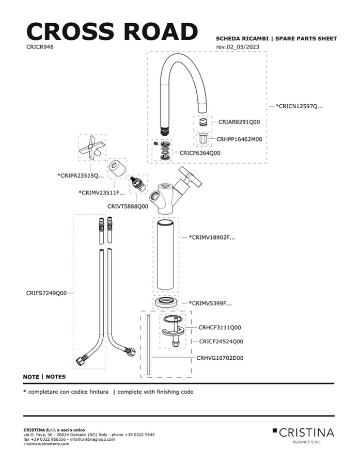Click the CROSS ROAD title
click(x=112, y=32)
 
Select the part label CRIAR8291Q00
click(x=239, y=123)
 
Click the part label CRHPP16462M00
click(x=239, y=139)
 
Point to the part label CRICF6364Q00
click(x=200, y=153)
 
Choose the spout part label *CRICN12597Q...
click(x=299, y=106)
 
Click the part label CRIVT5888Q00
click(x=128, y=206)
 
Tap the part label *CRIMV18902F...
click(x=212, y=238)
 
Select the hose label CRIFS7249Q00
click(x=46, y=293)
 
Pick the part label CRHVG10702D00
click(x=220, y=358)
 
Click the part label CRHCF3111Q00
click(x=220, y=327)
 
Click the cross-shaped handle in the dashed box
click(x=92, y=149)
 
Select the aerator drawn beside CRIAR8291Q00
click(x=203, y=123)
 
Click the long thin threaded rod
click(x=148, y=346)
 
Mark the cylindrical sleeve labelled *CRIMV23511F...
click(x=117, y=168)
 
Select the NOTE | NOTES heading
click(x=44, y=377)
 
